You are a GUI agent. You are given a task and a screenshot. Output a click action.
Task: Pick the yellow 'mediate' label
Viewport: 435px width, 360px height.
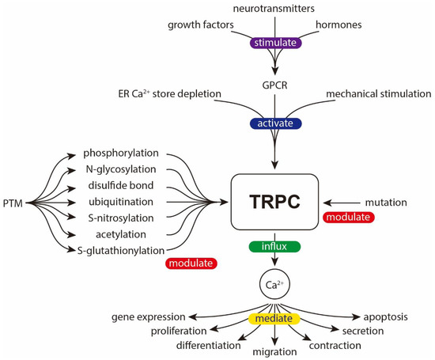click(x=273, y=319)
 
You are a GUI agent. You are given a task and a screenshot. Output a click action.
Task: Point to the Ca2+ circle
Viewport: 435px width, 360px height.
click(x=273, y=282)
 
